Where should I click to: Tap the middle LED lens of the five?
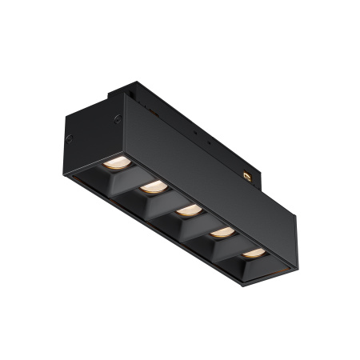(188, 210)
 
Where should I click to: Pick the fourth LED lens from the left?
(223, 232)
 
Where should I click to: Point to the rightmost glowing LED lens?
(254, 252)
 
